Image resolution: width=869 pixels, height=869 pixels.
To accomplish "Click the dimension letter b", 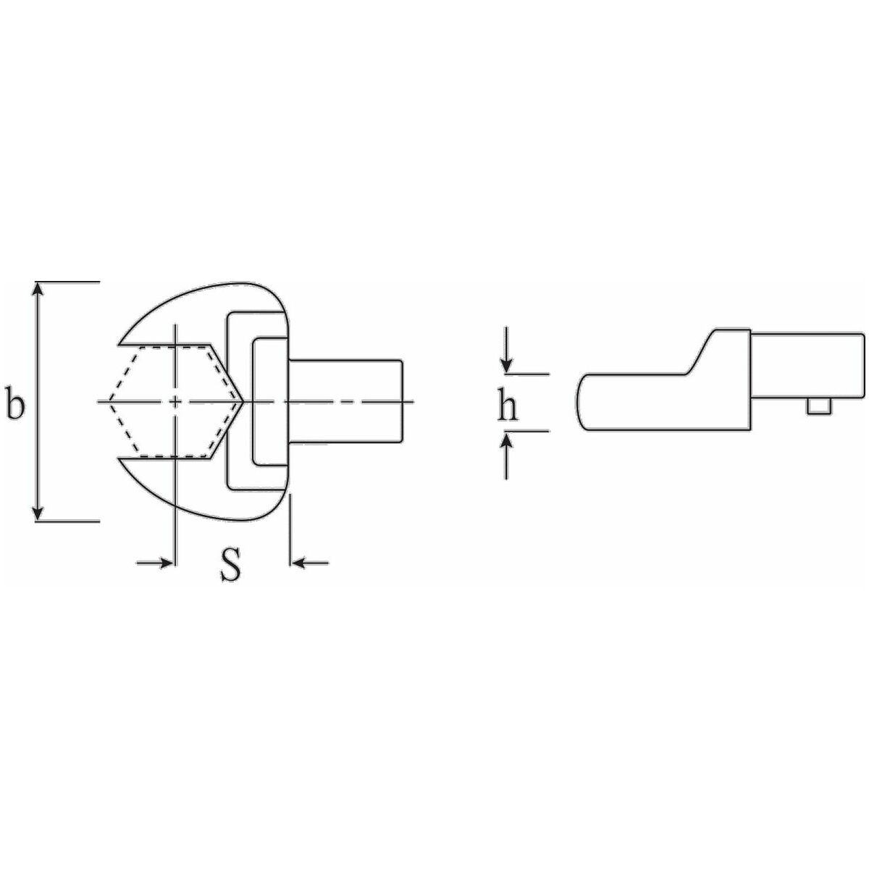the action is click(x=16, y=402).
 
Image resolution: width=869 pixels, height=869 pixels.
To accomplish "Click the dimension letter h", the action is click(x=508, y=403).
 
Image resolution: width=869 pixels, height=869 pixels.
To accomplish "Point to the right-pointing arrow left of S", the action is click(x=154, y=563).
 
